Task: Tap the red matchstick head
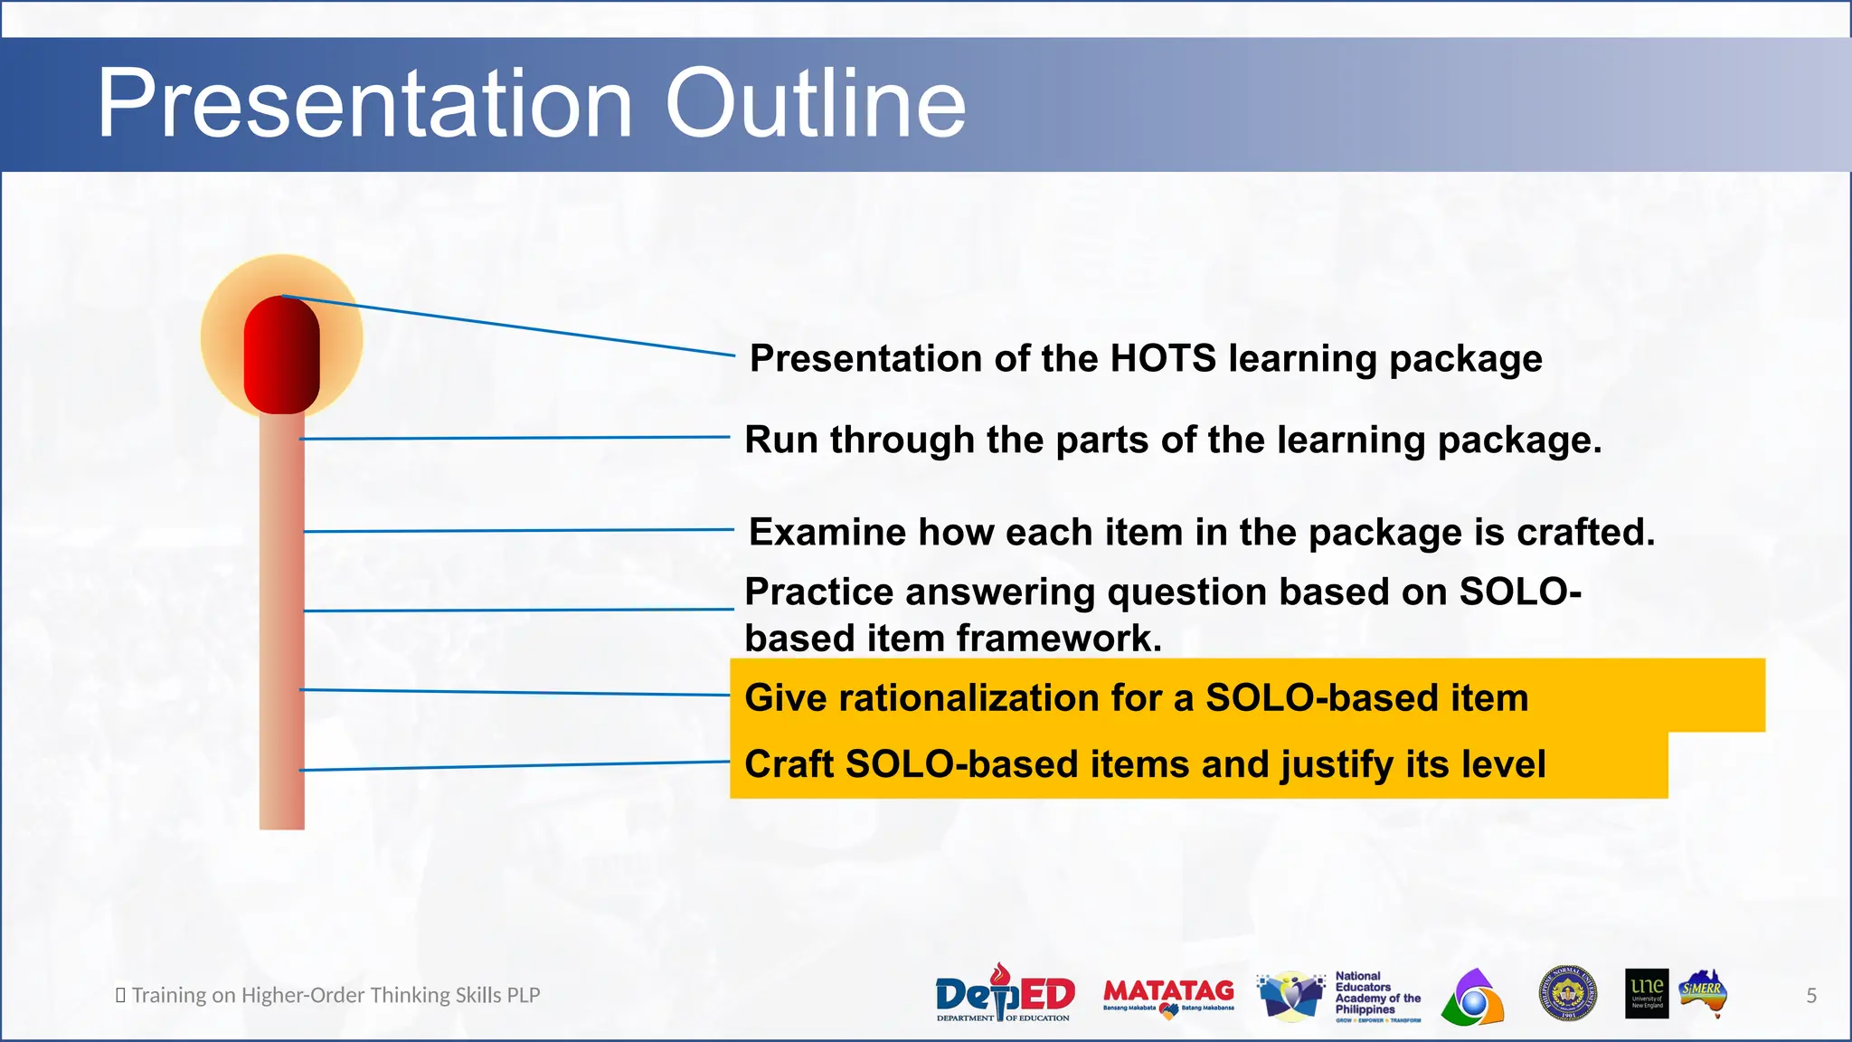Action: pyautogui.click(x=281, y=355)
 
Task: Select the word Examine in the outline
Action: pyautogui.click(x=827, y=532)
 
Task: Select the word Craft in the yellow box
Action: pyautogui.click(x=789, y=764)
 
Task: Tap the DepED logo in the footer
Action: pyautogui.click(x=1004, y=994)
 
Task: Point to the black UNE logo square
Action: pyautogui.click(x=1646, y=993)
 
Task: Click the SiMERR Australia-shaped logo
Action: pyautogui.click(x=1704, y=993)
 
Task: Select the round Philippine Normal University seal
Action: pyautogui.click(x=1567, y=993)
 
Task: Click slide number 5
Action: pyautogui.click(x=1811, y=996)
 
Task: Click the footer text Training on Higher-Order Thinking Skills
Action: pyautogui.click(x=335, y=995)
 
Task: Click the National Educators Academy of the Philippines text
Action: pyautogui.click(x=1376, y=993)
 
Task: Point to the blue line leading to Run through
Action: pyautogui.click(x=515, y=438)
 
